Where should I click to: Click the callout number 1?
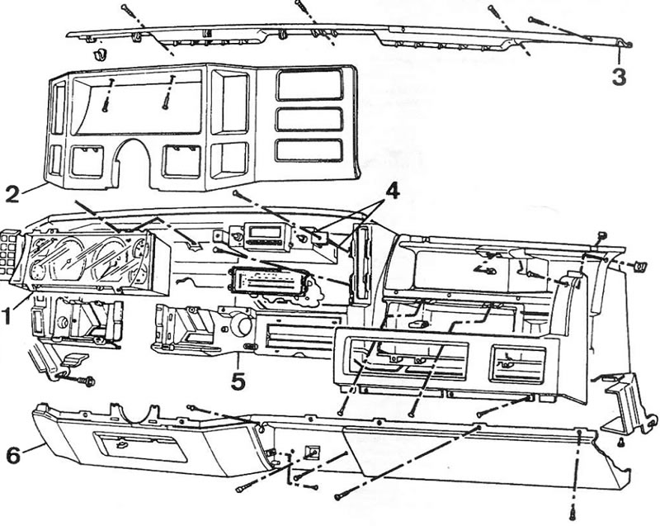pyautogui.click(x=7, y=315)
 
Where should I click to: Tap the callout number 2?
pyautogui.click(x=12, y=194)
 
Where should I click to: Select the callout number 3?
pyautogui.click(x=619, y=77)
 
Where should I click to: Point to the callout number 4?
pyautogui.click(x=391, y=192)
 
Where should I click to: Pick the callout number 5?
pyautogui.click(x=238, y=381)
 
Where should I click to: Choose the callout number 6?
pyautogui.click(x=13, y=455)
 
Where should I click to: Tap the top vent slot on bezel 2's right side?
pyautogui.click(x=309, y=85)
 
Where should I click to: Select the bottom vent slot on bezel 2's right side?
pyautogui.click(x=309, y=150)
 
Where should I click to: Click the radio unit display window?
pyautogui.click(x=265, y=231)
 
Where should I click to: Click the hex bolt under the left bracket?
pyautogui.click(x=89, y=381)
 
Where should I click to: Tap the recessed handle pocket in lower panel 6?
pyautogui.click(x=140, y=448)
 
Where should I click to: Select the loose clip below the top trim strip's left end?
pyautogui.click(x=100, y=54)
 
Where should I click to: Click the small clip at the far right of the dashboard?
pyautogui.click(x=640, y=266)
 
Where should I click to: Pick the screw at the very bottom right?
pyautogui.click(x=573, y=514)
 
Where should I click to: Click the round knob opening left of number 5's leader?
pyautogui.click(x=243, y=325)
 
